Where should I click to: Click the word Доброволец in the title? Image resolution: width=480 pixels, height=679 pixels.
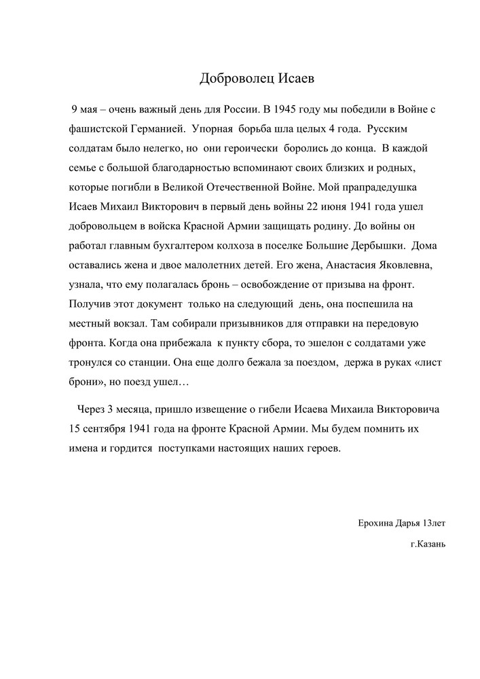tap(236, 79)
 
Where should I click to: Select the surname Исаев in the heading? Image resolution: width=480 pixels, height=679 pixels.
tap(297, 79)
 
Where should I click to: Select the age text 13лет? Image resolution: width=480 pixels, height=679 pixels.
tap(433, 524)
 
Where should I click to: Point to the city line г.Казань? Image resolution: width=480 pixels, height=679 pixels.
tap(428, 545)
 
